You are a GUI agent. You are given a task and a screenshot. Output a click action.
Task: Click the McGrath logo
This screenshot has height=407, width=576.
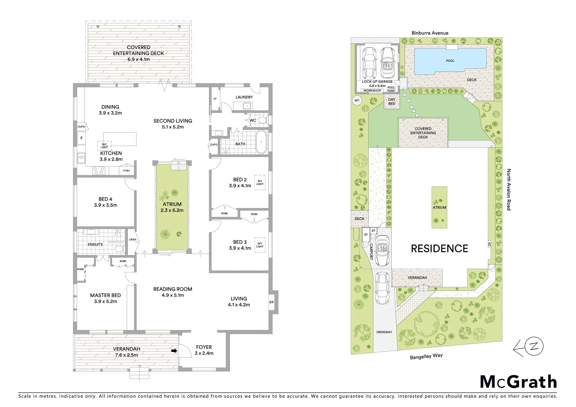coord(518,382)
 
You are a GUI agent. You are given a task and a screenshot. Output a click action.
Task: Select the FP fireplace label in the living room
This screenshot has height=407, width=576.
coord(271,302)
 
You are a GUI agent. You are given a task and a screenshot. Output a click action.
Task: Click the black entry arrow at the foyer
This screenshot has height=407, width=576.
coord(174,351)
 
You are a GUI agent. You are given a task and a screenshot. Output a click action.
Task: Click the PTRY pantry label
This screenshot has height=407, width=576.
coord(127,171)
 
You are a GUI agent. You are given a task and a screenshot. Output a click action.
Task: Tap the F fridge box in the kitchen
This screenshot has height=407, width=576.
coord(81,138)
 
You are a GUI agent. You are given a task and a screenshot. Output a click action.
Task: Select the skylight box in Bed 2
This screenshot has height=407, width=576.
coord(260,182)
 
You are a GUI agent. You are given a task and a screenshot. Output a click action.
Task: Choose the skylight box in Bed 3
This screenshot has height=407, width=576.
coord(260,245)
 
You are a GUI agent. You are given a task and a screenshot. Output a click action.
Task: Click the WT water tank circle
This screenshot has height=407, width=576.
coord(357,100)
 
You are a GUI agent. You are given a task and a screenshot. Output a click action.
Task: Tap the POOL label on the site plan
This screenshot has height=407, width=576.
coord(450,61)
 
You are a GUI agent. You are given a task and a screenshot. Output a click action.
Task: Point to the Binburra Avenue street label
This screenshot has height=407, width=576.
coord(430,33)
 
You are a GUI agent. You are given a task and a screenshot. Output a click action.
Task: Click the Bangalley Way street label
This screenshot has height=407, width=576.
coord(426,356)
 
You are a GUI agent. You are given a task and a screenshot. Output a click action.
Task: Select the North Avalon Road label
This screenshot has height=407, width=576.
coord(509,190)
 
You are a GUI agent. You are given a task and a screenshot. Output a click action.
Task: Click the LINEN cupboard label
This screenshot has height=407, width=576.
coord(133,240)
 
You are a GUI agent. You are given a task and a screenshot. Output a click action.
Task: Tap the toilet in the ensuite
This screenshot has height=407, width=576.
coord(119,249)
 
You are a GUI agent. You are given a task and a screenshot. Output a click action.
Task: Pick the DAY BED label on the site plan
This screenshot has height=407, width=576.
coord(392,102)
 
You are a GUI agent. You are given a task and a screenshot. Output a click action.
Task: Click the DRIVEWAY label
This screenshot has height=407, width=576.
coord(384,332)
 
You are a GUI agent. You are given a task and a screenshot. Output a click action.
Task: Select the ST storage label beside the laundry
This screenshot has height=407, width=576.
coord(215,99)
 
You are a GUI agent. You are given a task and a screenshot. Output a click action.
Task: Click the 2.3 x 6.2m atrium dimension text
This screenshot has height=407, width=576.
coord(172,210)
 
